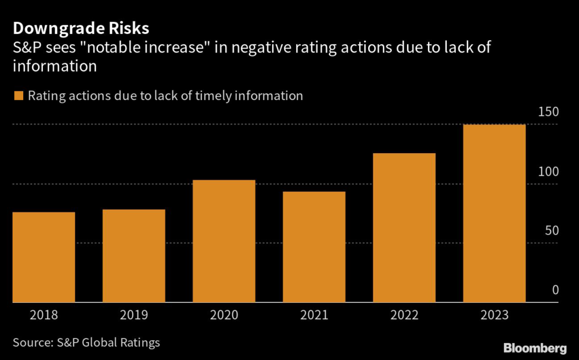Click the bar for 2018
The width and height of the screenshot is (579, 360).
[44, 257]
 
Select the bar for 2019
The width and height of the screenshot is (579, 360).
[133, 256]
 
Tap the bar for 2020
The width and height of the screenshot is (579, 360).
[224, 241]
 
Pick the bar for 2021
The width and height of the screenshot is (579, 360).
[314, 247]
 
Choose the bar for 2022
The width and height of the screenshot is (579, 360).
[404, 228]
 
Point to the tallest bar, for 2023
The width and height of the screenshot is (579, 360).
[494, 214]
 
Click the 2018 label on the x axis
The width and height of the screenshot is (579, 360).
[44, 315]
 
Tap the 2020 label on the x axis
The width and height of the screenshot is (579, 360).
[224, 315]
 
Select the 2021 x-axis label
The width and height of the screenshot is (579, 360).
[314, 315]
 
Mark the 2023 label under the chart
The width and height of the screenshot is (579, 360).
[494, 315]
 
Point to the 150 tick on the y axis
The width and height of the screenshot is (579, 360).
[548, 112]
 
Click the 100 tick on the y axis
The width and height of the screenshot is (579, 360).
[548, 171]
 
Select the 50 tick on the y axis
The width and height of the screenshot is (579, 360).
[551, 231]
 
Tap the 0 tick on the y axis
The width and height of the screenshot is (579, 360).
[555, 290]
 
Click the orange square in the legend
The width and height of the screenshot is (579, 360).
[18, 96]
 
